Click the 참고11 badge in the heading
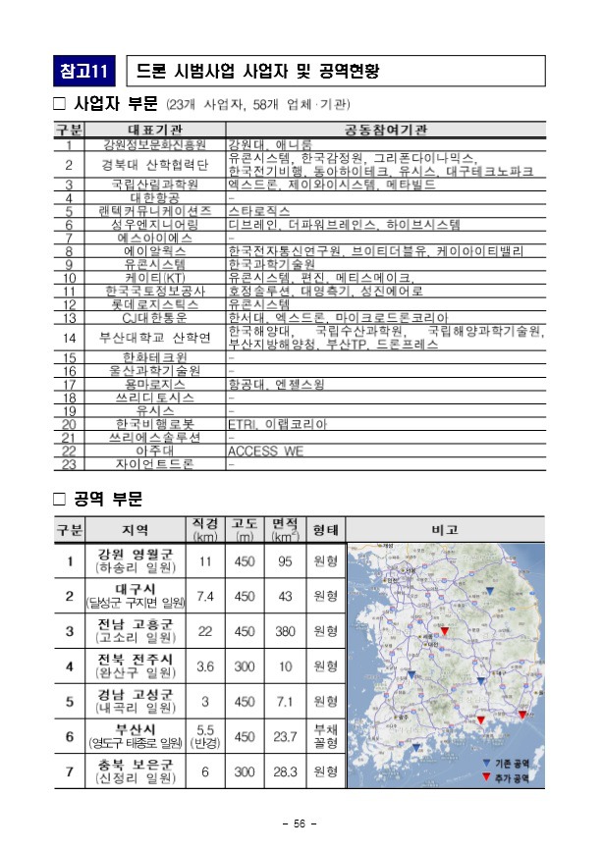85,72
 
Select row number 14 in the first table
70,338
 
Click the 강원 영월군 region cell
135,561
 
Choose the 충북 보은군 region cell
135,771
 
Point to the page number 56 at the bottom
301,823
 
